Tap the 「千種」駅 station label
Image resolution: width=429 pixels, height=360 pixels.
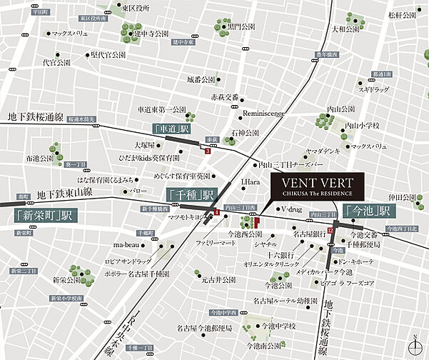(191, 194)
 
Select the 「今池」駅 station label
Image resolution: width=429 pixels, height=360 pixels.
(368, 211)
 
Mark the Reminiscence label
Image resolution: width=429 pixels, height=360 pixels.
(263, 113)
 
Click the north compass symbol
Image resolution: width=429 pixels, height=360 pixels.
(414, 345)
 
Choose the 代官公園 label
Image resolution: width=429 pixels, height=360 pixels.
(56, 62)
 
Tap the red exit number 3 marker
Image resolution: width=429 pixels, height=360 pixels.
(207, 151)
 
